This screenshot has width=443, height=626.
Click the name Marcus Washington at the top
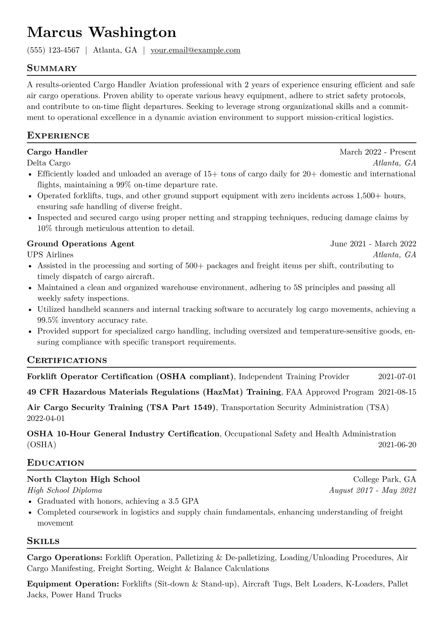(102, 33)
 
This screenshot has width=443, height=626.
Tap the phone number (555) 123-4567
(53, 50)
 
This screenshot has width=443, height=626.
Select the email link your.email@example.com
(195, 50)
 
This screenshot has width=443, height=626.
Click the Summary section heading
(52, 68)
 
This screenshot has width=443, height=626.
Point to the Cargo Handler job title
(57, 152)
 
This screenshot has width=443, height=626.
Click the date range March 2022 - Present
(377, 152)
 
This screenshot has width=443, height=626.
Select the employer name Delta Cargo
(49, 163)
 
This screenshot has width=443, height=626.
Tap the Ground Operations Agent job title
(81, 244)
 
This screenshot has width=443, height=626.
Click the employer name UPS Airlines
(50, 255)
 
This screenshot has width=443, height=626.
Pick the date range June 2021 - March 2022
(373, 244)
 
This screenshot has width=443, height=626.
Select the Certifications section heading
(67, 360)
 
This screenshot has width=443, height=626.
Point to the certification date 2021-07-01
(397, 377)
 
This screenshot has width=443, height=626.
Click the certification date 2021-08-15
(397, 392)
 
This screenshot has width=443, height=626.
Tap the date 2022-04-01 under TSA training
(46, 418)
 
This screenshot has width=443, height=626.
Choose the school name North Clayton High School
(83, 479)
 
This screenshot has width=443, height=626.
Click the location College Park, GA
(384, 479)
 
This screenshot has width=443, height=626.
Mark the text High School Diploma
(65, 490)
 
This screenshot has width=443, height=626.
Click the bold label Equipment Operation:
(73, 584)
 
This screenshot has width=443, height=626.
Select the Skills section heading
(43, 541)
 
